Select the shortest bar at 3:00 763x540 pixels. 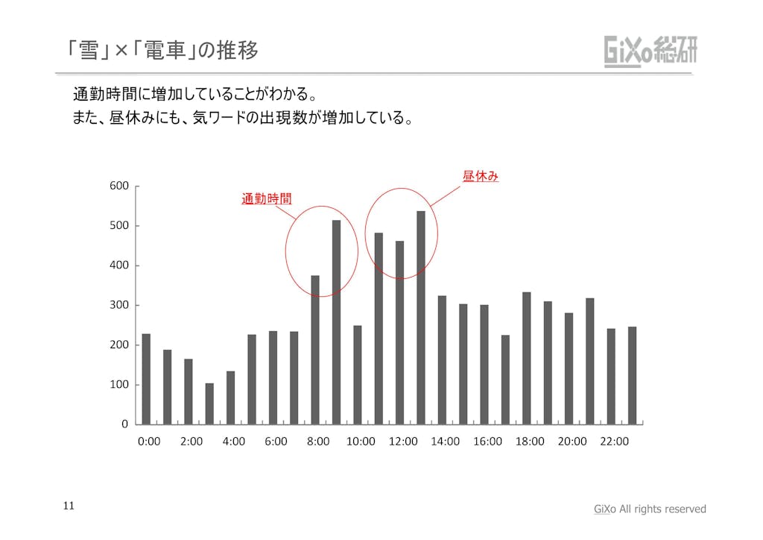209,404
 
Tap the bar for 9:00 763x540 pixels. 336,321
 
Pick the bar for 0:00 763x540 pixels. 146,379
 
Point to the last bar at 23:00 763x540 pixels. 633,375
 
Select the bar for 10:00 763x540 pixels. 358,374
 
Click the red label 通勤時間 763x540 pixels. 266,199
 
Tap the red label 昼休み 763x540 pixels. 480,177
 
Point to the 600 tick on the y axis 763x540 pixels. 119,186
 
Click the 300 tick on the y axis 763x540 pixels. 119,305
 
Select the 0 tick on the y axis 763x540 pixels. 124,424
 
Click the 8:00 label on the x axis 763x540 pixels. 318,442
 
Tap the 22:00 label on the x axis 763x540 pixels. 614,442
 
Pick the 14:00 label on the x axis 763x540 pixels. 445,442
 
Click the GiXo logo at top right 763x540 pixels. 650,51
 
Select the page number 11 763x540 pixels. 68,506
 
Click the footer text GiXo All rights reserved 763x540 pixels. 649,509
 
